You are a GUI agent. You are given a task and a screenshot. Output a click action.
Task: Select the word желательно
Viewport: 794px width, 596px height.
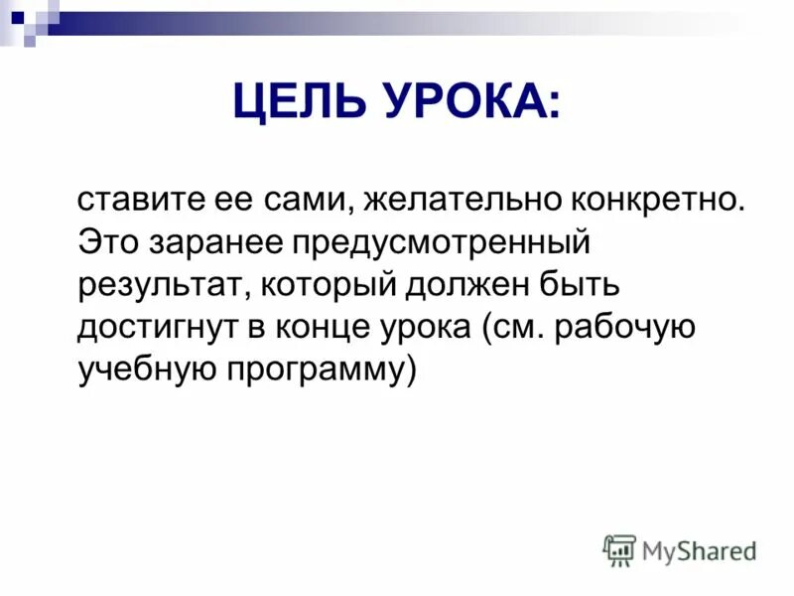(x=460, y=202)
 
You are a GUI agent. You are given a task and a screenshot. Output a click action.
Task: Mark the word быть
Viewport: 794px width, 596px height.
(x=587, y=286)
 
